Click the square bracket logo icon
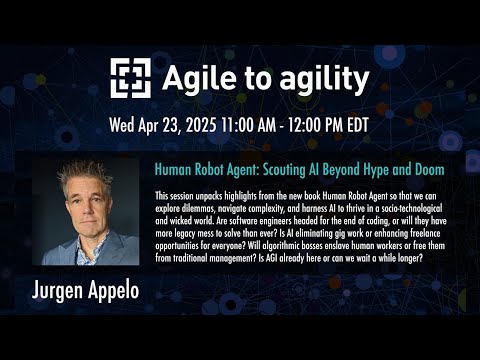pos(130,78)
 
